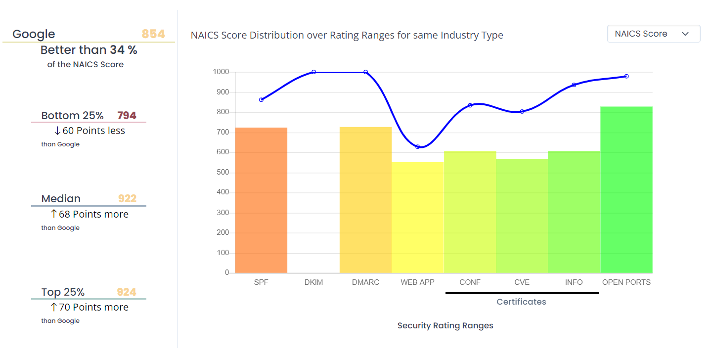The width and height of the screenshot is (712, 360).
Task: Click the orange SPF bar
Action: pyautogui.click(x=261, y=200)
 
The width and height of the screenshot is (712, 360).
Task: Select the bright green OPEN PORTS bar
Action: pyautogui.click(x=626, y=190)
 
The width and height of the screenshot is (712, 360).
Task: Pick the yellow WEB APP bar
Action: pyautogui.click(x=418, y=218)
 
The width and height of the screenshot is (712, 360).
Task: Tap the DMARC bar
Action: pyautogui.click(x=365, y=200)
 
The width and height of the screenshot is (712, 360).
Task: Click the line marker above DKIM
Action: pyautogui.click(x=313, y=72)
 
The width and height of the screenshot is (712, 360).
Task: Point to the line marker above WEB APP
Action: pyautogui.click(x=418, y=147)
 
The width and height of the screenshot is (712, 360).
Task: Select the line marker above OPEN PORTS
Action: pyautogui.click(x=626, y=76)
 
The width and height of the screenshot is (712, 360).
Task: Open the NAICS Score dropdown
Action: pyautogui.click(x=653, y=34)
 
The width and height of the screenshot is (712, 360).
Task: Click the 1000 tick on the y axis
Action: pyautogui.click(x=221, y=72)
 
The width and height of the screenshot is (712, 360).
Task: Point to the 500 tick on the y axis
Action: pyautogui.click(x=223, y=173)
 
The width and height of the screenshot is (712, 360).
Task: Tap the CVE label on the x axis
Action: pyautogui.click(x=522, y=282)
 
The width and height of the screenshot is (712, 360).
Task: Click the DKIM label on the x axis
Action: pyautogui.click(x=313, y=282)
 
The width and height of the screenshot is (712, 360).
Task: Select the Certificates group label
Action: pyautogui.click(x=521, y=302)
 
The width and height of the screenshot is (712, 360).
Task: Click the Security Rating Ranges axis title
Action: pyautogui.click(x=445, y=325)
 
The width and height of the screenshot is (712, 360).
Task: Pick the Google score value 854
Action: pyautogui.click(x=153, y=34)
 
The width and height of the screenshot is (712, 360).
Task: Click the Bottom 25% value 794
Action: pyautogui.click(x=127, y=116)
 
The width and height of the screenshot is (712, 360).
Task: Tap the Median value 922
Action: pyautogui.click(x=127, y=199)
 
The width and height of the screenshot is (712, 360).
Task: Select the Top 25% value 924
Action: pyautogui.click(x=127, y=292)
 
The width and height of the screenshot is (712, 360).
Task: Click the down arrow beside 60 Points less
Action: pyautogui.click(x=57, y=131)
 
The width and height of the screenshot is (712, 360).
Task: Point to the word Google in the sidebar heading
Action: pyautogui.click(x=34, y=34)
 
